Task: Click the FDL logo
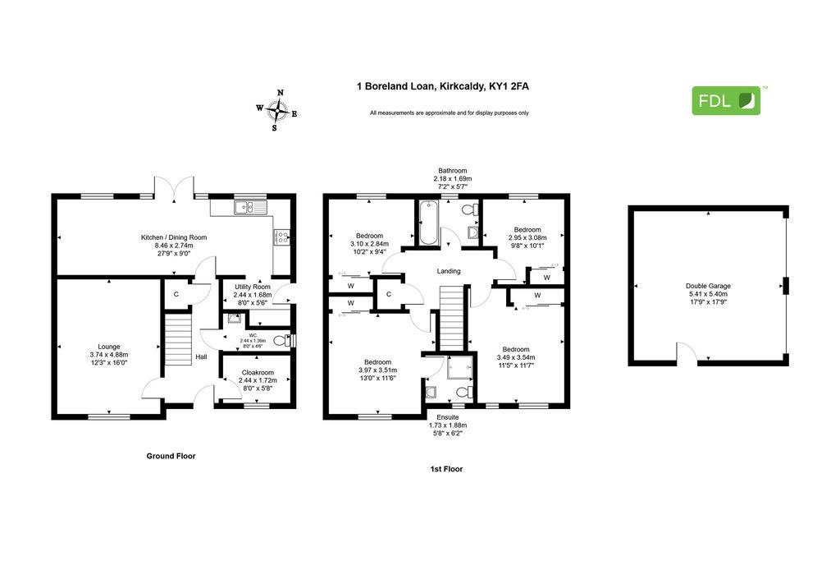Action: (x=726, y=100)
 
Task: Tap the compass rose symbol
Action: (x=277, y=111)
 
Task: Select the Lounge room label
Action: (x=109, y=347)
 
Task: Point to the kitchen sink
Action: (x=250, y=206)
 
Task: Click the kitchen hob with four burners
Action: (x=282, y=237)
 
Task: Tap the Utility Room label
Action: (x=253, y=287)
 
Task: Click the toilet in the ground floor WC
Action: (x=281, y=341)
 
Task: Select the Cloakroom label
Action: (x=258, y=372)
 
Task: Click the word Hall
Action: (x=202, y=356)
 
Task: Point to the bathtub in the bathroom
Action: (x=428, y=223)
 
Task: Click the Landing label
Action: (x=449, y=271)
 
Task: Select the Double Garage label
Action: (x=708, y=286)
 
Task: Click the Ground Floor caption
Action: (x=171, y=456)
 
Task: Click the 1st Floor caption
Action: (x=446, y=469)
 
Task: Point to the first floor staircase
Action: (x=452, y=318)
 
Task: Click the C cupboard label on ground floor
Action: (x=176, y=294)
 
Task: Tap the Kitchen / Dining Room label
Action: (x=174, y=237)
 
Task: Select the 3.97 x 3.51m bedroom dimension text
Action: (x=377, y=370)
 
